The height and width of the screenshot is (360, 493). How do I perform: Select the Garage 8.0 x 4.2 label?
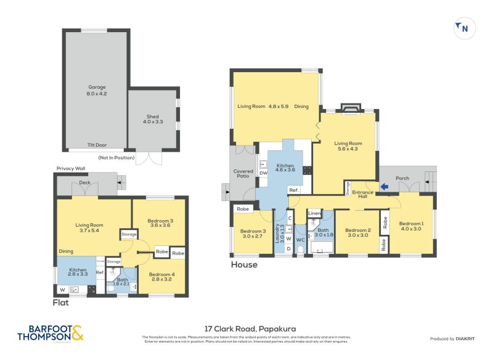coord(97,91)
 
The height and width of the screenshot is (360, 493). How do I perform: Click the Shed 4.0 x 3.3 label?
coord(152,120)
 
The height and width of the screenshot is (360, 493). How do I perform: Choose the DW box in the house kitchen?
coord(264,173)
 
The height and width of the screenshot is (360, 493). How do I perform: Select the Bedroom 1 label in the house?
coord(411,226)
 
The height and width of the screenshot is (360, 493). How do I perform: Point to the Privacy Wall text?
coord(70,168)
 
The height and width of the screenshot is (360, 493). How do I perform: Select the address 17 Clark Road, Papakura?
coord(246,329)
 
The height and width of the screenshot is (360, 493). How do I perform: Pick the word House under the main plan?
coord(244,265)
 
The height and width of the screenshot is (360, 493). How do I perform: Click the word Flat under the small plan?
coord(60,302)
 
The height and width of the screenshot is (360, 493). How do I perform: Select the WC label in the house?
coord(301,239)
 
